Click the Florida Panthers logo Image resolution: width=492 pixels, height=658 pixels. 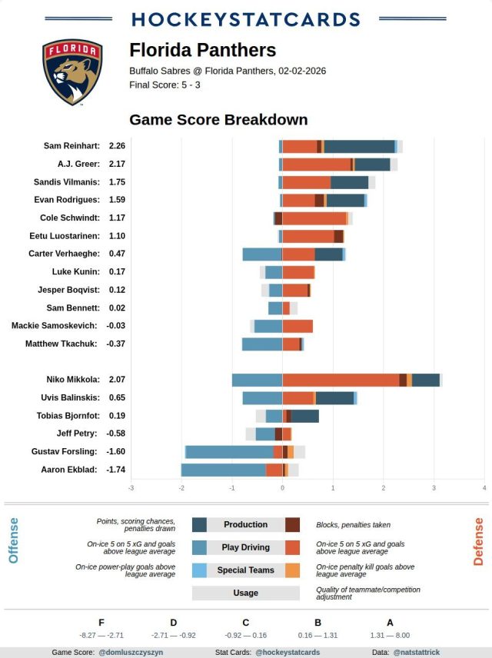coord(72,72)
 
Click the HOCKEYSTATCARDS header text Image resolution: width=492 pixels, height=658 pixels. coord(246,19)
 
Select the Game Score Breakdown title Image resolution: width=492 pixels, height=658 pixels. coord(218,120)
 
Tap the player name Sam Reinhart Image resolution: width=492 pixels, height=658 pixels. coord(72,146)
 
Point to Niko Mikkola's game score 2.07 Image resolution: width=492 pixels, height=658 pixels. coord(117,380)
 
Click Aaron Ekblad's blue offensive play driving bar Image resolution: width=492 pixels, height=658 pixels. coord(224,470)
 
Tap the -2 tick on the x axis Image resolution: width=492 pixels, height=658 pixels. coord(181,488)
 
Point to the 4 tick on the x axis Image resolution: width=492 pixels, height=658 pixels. coord(484,488)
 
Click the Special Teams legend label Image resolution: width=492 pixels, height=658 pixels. coord(246,570)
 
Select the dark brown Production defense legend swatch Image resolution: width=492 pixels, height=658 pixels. coord(292,524)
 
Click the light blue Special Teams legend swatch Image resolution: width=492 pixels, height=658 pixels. coord(199,570)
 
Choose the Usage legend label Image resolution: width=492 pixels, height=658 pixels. coord(246,593)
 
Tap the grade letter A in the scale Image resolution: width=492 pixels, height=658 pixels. coord(390,623)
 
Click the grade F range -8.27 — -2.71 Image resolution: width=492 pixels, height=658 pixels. coord(101,636)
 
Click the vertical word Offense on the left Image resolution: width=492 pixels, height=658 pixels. coord(13,540)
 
